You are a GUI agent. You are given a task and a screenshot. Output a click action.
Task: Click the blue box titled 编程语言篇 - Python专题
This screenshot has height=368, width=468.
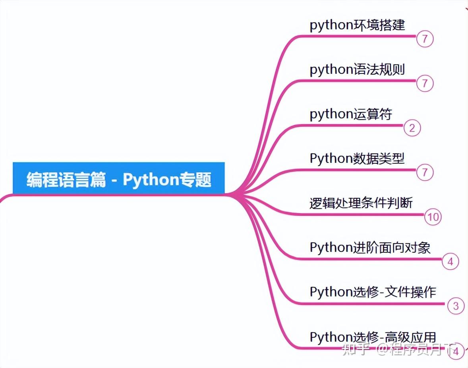[118, 178]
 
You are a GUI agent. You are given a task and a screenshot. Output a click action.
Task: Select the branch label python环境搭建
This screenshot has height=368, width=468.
[357, 25]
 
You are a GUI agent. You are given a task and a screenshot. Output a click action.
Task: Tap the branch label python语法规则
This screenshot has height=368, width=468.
[357, 70]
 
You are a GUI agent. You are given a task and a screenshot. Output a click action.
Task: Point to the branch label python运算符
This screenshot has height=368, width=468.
[351, 114]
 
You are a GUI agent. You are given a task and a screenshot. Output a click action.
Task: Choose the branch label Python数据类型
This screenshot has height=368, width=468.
[357, 159]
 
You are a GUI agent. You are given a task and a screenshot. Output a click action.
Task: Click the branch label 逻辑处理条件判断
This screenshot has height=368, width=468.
[361, 203]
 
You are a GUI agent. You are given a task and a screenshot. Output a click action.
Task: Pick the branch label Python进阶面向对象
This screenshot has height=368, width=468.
[370, 248]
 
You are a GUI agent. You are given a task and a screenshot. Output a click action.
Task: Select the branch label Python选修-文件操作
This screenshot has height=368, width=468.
[373, 292]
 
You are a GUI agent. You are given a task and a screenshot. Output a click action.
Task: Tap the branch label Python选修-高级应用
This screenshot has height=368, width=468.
[373, 337]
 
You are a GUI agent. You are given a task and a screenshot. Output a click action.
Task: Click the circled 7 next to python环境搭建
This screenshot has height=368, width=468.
[425, 39]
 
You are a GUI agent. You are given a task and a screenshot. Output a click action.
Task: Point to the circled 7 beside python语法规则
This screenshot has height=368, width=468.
[425, 83]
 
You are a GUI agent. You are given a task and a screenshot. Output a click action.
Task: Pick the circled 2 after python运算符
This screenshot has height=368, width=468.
[412, 128]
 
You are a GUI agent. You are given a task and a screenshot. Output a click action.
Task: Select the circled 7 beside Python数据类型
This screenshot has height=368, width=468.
[425, 172]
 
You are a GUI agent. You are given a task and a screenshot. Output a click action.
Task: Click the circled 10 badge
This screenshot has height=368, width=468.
[433, 217]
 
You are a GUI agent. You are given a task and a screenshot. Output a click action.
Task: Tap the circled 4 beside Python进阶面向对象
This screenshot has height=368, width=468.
[451, 261]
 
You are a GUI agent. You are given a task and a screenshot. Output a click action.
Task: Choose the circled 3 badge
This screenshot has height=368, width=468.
[456, 306]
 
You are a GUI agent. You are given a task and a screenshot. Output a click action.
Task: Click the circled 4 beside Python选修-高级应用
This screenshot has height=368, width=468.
[456, 351]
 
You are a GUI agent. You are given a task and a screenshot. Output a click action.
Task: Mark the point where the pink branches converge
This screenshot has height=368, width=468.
[236, 195]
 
